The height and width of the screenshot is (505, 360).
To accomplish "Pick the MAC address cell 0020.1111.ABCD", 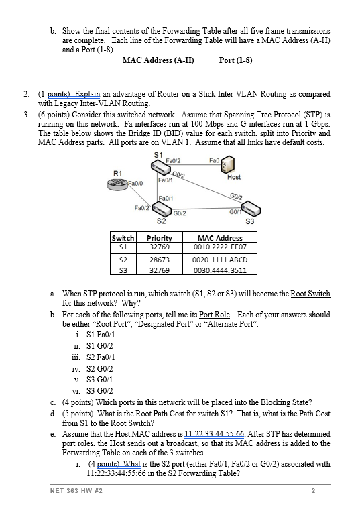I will [x=220, y=259].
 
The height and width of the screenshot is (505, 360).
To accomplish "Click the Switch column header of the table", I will [x=123, y=238].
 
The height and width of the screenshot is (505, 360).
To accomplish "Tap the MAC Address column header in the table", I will [x=220, y=238].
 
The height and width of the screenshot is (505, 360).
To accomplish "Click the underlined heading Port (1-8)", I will [x=235, y=61].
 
